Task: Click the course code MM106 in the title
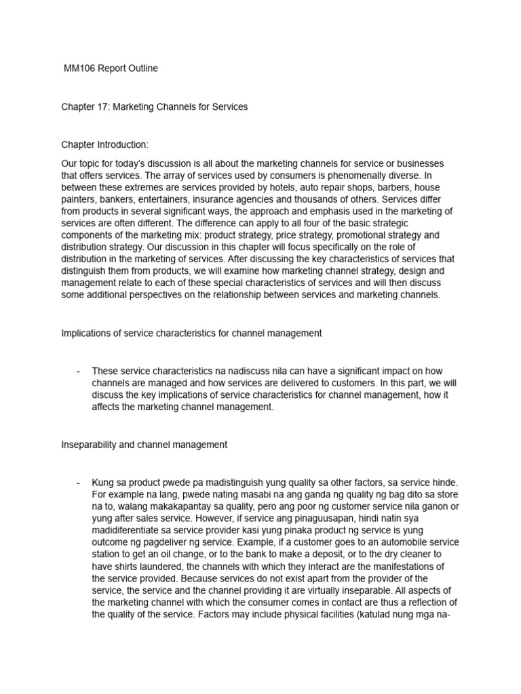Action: click(x=80, y=68)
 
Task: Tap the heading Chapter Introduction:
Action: click(x=104, y=144)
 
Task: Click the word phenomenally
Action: click(x=352, y=176)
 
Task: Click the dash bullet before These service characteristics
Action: click(x=79, y=371)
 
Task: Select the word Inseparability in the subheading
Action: click(x=92, y=445)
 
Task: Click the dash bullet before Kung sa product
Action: click(x=79, y=483)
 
